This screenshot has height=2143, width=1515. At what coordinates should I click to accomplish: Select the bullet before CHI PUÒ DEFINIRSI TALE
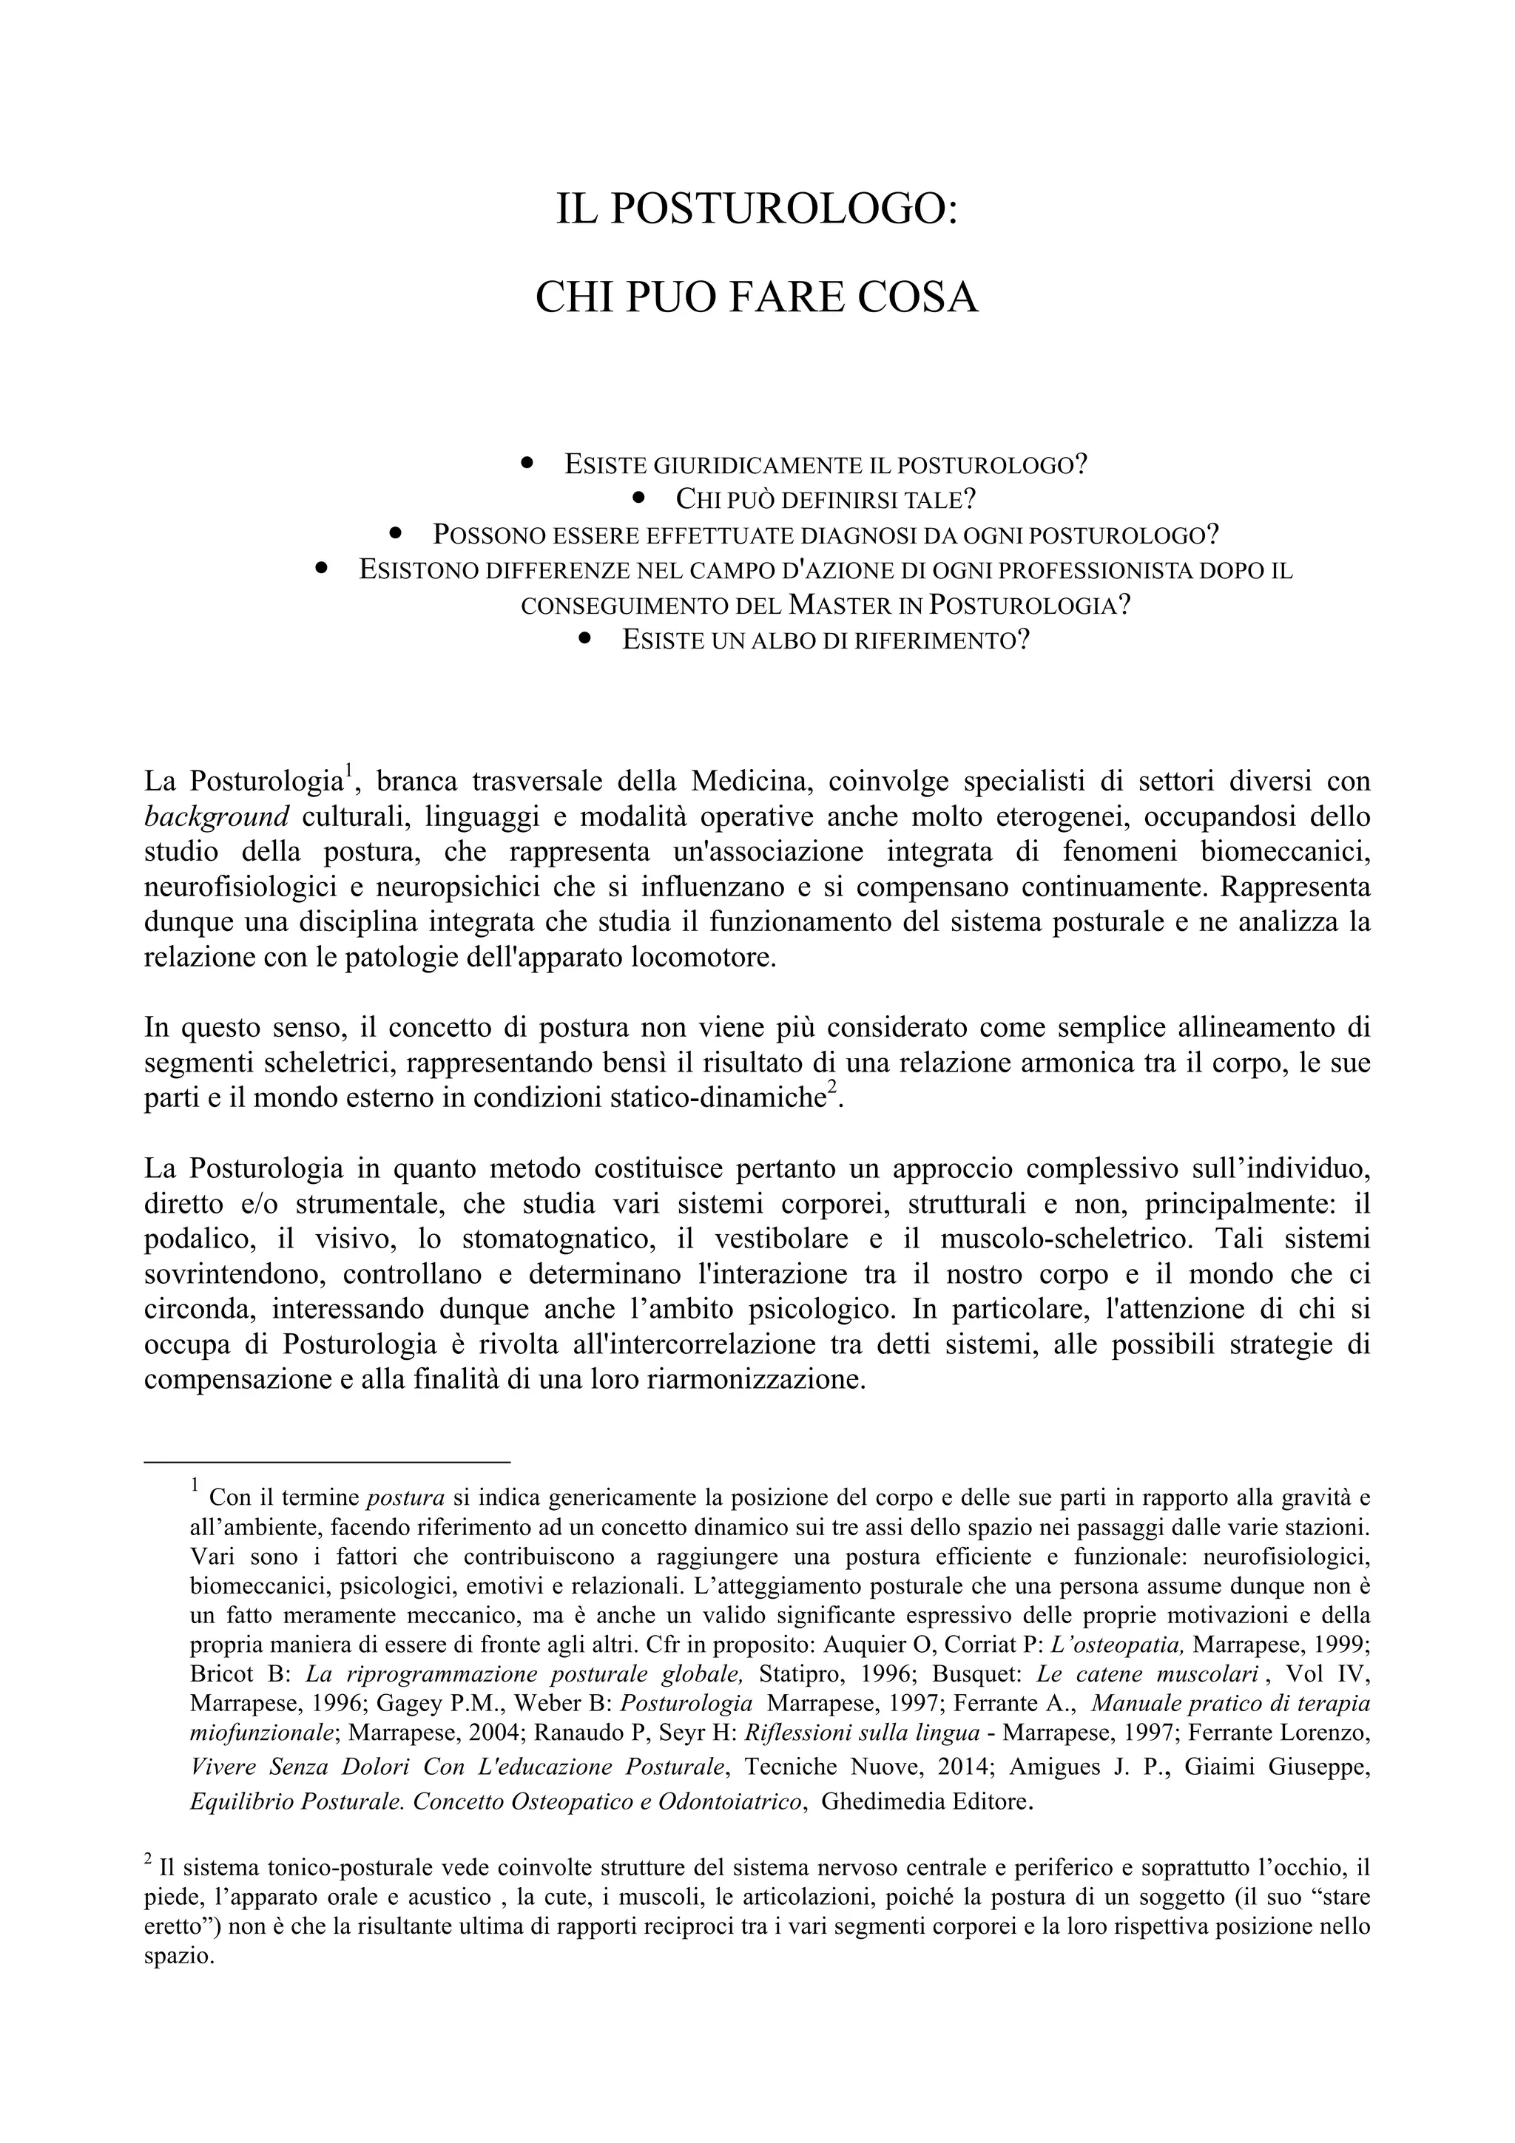click(639, 498)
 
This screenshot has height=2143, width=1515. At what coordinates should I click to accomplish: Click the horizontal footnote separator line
click(327, 1462)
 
